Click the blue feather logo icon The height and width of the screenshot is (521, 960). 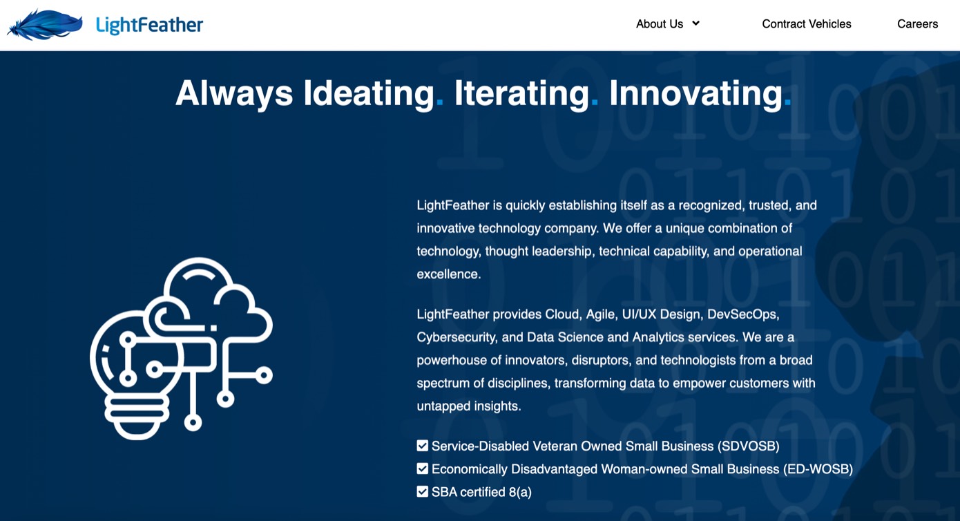[x=45, y=25]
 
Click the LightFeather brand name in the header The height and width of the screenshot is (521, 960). [x=149, y=26]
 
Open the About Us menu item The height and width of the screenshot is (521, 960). [x=659, y=24]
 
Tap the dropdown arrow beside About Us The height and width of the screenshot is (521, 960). [x=696, y=23]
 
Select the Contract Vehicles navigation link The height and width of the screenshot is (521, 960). [x=806, y=24]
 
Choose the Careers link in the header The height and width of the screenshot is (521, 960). [x=917, y=24]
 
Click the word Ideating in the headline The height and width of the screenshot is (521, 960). [x=368, y=93]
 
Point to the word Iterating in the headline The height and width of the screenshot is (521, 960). [x=521, y=93]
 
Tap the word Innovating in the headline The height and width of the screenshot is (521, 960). [x=695, y=93]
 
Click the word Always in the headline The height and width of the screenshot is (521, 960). [x=234, y=93]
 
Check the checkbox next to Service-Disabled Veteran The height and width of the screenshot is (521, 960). [x=423, y=446]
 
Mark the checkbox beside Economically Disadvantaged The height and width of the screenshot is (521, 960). [x=423, y=469]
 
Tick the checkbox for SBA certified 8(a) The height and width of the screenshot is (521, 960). [x=423, y=492]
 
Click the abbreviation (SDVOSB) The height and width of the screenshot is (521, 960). [x=748, y=446]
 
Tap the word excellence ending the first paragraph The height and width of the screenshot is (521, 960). [x=448, y=274]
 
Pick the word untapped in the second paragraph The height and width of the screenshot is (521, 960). [x=442, y=406]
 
